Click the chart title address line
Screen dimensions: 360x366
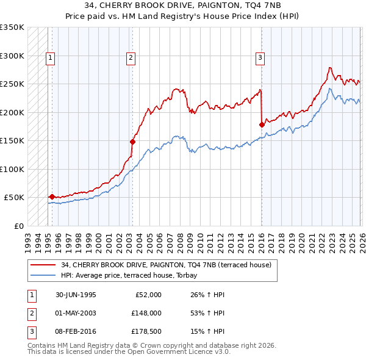(x=183, y=6)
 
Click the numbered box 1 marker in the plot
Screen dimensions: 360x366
(x=50, y=58)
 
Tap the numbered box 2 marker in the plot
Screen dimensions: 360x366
(x=131, y=58)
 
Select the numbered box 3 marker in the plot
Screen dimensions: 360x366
(x=260, y=58)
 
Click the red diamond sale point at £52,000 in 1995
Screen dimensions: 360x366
(x=52, y=196)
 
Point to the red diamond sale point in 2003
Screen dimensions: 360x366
(x=132, y=142)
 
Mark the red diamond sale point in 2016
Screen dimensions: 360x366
(x=262, y=124)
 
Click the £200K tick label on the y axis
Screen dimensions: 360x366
(x=12, y=112)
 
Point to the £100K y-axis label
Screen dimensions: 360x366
(x=12, y=169)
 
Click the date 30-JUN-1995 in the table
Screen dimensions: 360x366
(x=76, y=295)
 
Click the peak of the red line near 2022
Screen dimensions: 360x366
(x=329, y=68)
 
